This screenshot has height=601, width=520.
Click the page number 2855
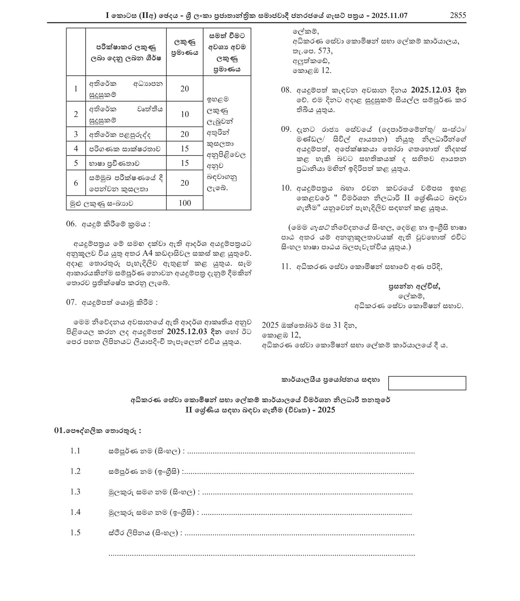coord(458,16)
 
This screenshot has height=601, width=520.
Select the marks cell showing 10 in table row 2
coord(185,114)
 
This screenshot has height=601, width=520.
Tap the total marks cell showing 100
coord(185,203)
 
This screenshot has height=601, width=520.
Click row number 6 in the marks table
coord(76,183)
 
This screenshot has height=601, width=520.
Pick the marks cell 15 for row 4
coord(185,149)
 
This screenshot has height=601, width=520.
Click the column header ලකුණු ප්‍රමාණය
coord(185,47)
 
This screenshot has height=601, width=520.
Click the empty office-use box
coord(427,383)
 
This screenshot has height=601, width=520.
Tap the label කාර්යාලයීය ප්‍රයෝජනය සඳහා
coord(330,379)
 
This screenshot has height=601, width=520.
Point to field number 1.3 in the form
coord(75,492)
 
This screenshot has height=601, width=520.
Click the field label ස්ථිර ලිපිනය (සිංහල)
coord(144,533)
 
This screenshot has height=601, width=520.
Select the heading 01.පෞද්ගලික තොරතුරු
coord(98,430)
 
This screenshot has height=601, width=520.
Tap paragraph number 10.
coord(286,188)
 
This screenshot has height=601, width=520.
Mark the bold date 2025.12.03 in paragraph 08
coord(431,90)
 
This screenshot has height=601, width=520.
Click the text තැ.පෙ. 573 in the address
coord(312,51)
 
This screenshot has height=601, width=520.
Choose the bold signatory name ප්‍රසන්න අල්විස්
coord(415,286)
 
